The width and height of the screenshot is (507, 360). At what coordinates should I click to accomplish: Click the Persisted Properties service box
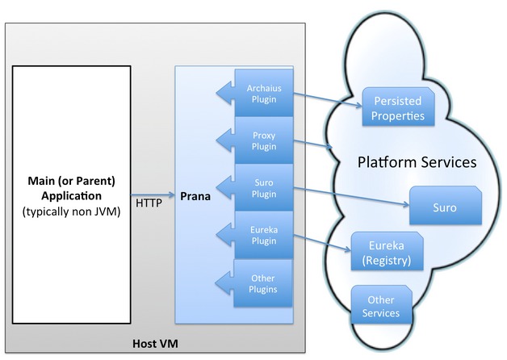(397, 109)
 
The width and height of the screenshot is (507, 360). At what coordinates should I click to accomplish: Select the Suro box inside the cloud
(446, 207)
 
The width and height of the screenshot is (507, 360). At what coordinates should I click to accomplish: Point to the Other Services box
(380, 306)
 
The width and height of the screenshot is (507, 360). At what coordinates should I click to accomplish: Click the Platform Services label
(417, 162)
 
